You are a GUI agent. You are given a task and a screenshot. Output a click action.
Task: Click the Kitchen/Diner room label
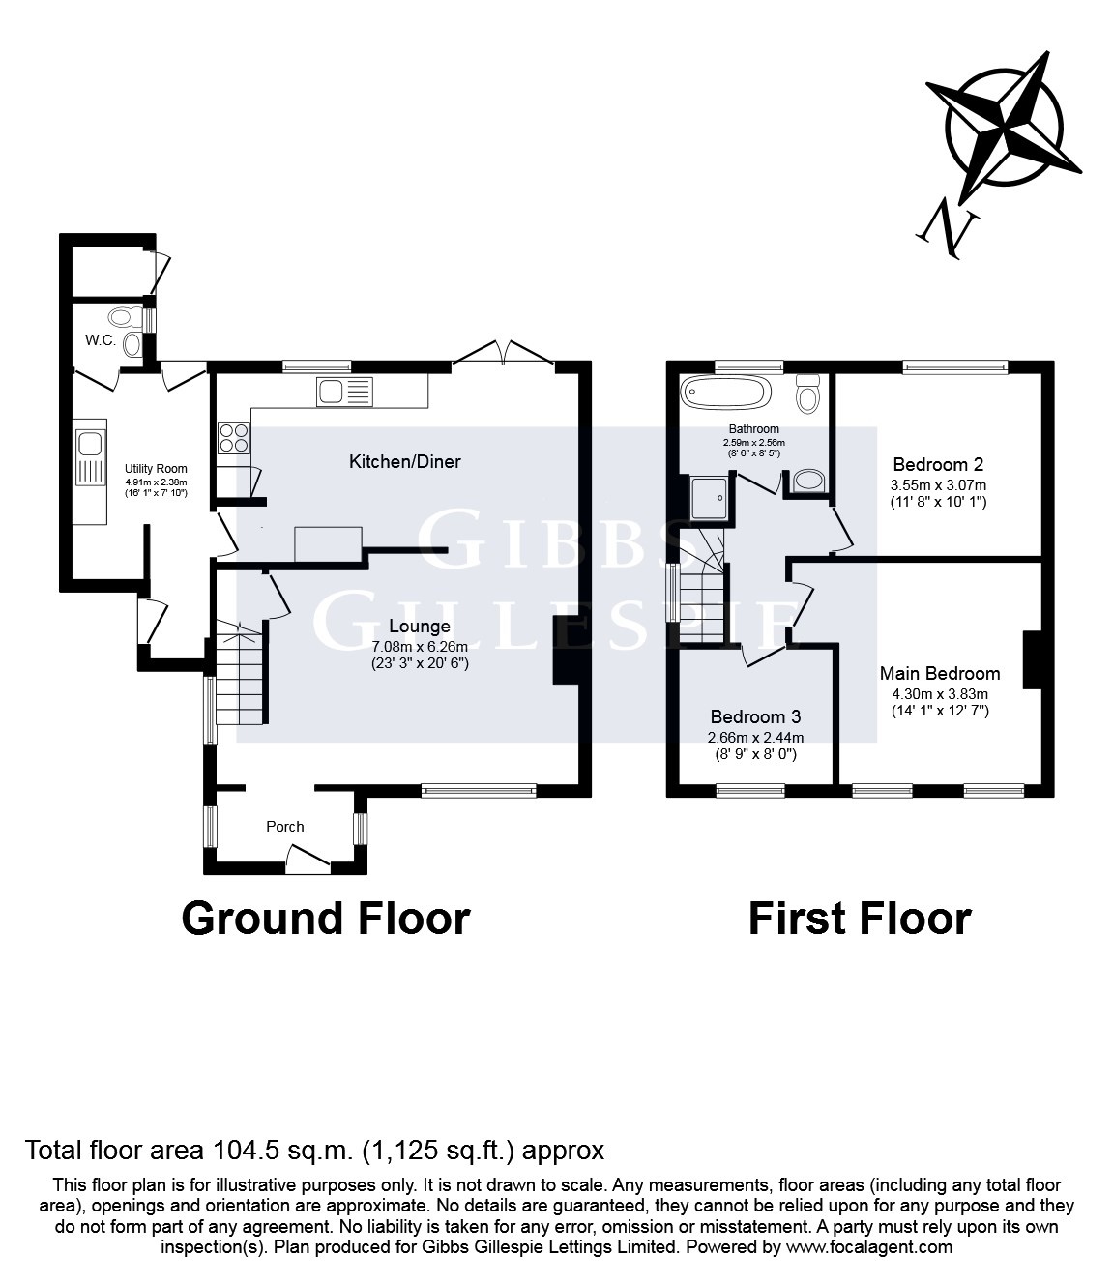coord(404,461)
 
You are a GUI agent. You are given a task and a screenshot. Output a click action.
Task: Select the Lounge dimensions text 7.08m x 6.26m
coord(420,647)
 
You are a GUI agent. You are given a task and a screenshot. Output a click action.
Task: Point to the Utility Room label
coord(156,469)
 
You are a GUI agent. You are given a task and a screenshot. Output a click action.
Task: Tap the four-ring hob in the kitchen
coord(233,438)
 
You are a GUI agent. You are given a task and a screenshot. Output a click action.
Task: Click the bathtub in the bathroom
coord(725,394)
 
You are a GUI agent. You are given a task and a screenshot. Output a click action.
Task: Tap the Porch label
coord(284,826)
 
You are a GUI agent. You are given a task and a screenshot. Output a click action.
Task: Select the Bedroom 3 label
coord(755,716)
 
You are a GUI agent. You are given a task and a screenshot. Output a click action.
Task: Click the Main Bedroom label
coord(939,673)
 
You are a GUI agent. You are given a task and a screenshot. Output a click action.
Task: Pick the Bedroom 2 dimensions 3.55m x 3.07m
coord(938,484)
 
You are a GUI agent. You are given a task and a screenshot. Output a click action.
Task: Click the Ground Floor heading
coord(326,918)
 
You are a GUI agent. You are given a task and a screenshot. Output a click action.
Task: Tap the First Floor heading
coord(859,918)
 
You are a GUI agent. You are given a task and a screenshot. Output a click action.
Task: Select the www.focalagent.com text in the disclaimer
coord(869,1247)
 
